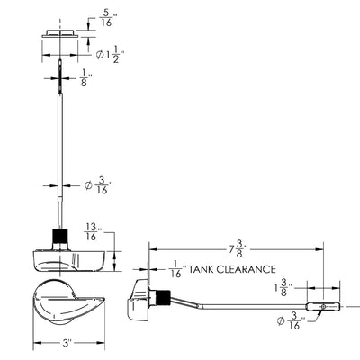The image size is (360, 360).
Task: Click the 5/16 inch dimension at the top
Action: (x=107, y=18)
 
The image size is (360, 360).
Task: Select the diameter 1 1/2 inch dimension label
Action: (x=110, y=55)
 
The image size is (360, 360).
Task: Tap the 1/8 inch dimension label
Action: (x=85, y=78)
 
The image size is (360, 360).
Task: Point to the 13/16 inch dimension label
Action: (x=93, y=231)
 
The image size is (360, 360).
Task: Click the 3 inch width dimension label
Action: (x=67, y=343)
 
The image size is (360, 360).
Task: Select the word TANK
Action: (x=201, y=269)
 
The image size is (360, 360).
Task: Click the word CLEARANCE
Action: (x=246, y=269)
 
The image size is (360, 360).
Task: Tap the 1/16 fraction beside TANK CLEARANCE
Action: (x=178, y=269)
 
